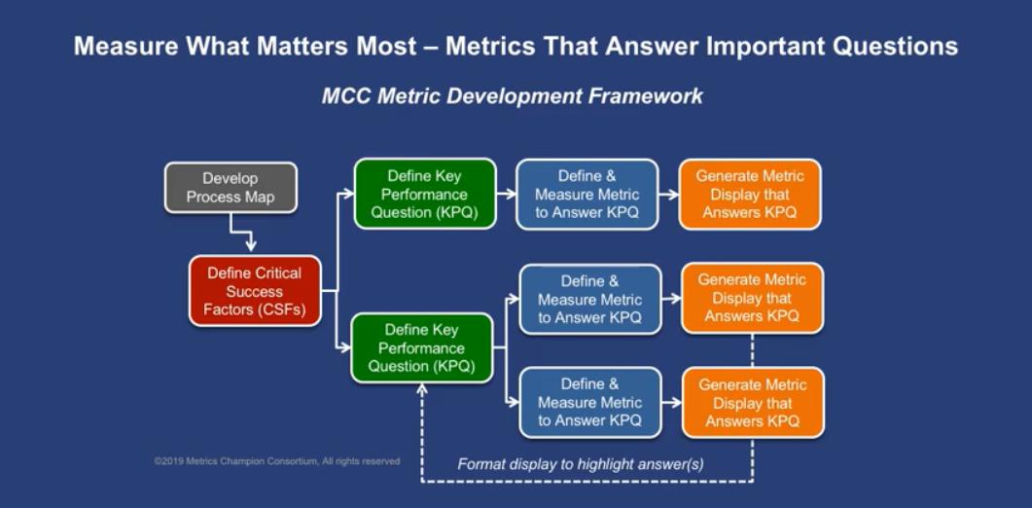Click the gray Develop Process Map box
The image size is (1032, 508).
point(231,188)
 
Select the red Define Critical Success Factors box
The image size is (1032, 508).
point(255,291)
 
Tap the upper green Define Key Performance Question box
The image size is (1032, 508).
point(424,194)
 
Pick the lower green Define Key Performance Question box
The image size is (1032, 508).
point(421,347)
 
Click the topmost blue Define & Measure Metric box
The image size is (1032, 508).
point(587,194)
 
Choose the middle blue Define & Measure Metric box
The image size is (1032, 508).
point(589,299)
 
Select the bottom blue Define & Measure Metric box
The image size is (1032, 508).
point(589,402)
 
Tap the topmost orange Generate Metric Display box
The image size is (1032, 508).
point(749,194)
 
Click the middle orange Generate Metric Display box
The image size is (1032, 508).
point(752,298)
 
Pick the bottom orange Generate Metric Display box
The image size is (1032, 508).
point(752,402)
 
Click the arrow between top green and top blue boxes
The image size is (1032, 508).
point(506,195)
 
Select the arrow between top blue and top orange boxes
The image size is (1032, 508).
point(668,195)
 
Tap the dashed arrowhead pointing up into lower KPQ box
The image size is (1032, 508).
point(421,389)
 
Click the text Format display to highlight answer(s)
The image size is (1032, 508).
point(581,464)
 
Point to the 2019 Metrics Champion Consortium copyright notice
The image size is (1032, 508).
point(276,461)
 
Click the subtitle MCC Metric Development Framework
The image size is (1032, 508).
point(512,95)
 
